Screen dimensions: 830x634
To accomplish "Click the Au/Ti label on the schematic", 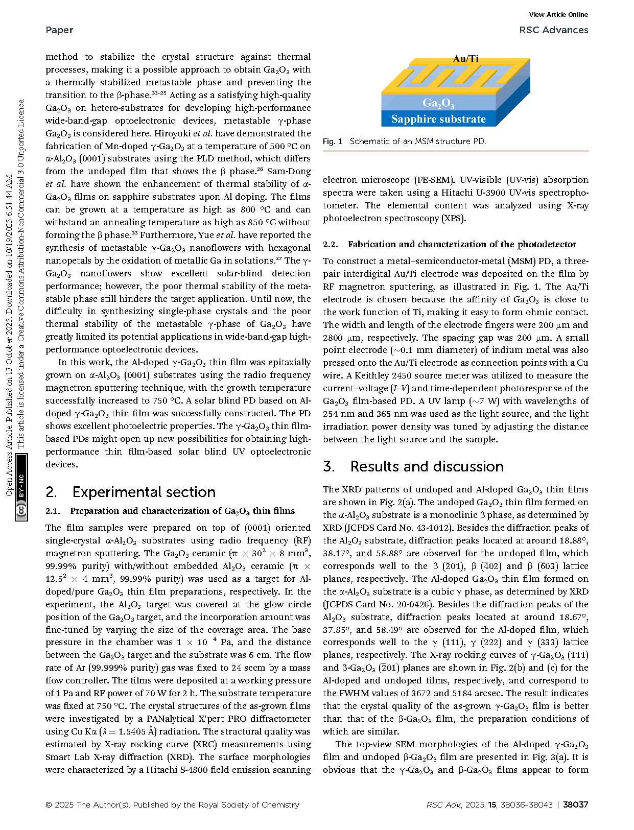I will pyautogui.click(x=465, y=59).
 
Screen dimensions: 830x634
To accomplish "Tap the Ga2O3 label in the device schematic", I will pyautogui.click(x=438, y=103).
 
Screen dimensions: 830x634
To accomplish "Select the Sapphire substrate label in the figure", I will pyautogui.click(x=438, y=119).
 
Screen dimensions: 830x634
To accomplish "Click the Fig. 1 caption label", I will pyautogui.click(x=333, y=141).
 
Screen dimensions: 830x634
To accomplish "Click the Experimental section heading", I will pyautogui.click(x=144, y=492).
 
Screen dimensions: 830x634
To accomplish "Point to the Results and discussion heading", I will pyautogui.click(x=427, y=466).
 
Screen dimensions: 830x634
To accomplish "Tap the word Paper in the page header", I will pyautogui.click(x=59, y=30).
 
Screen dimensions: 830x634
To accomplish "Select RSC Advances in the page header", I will pyautogui.click(x=553, y=30).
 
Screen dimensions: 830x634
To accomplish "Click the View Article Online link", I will pyautogui.click(x=558, y=15).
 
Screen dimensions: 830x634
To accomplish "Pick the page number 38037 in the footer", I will pyautogui.click(x=575, y=804).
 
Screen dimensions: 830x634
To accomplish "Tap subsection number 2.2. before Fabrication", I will pyautogui.click(x=331, y=245).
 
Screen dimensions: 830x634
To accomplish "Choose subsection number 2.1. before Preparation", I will pyautogui.click(x=53, y=511).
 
